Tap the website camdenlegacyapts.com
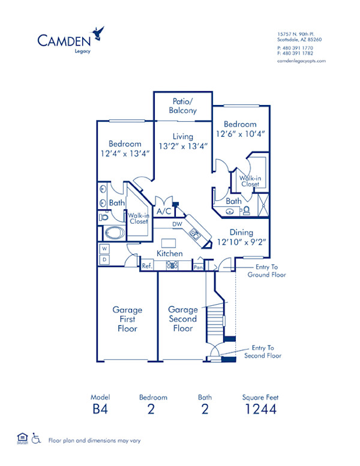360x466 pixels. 302,61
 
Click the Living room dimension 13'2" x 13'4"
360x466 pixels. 182,146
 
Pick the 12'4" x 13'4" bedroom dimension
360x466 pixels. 125,153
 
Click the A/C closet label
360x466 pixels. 163,212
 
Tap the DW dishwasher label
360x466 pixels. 177,224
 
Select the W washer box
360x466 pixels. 104,248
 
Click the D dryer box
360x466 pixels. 104,259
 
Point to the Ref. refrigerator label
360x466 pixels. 146,265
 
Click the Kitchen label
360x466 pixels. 170,254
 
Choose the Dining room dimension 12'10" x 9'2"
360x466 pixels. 241,242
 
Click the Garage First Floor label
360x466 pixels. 127,319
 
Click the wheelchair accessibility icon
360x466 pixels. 35,440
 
